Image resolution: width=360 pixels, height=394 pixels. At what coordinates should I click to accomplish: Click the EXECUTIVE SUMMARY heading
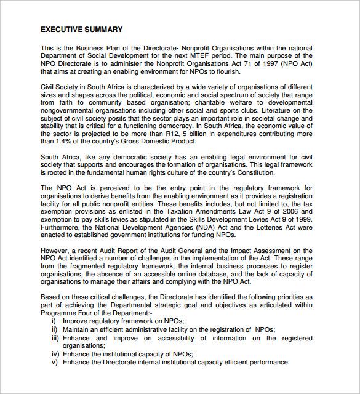[x=81, y=29]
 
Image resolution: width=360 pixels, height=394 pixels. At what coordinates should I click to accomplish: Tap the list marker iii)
[x=55, y=339]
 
